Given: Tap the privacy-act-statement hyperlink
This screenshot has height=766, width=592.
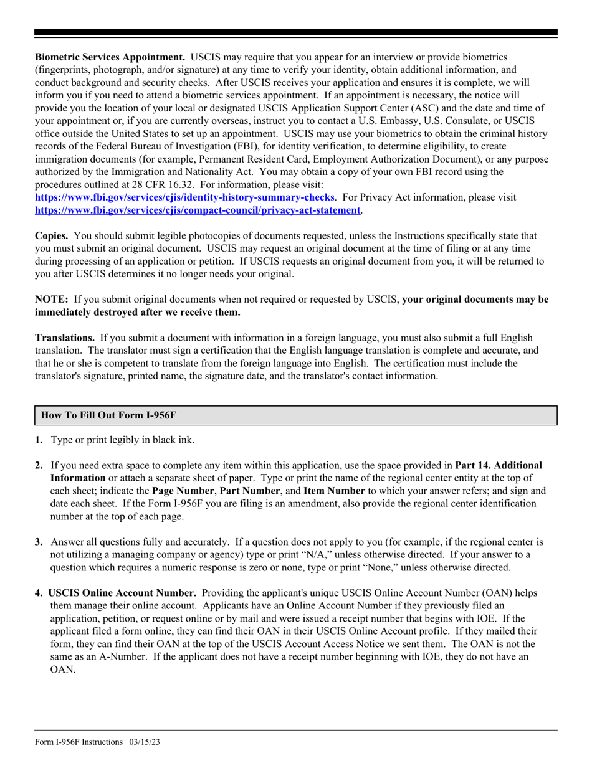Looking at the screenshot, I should click(198, 210).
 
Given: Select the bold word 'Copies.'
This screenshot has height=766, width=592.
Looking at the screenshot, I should click(51, 236).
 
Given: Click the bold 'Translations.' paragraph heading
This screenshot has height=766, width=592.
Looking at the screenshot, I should click(65, 338).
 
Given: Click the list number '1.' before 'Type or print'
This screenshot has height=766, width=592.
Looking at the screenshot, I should click(39, 440).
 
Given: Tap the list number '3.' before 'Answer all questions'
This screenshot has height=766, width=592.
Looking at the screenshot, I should click(39, 542).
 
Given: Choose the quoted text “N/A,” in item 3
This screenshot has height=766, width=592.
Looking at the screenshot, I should click(316, 554).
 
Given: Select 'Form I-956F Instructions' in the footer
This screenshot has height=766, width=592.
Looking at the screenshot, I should click(79, 742).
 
